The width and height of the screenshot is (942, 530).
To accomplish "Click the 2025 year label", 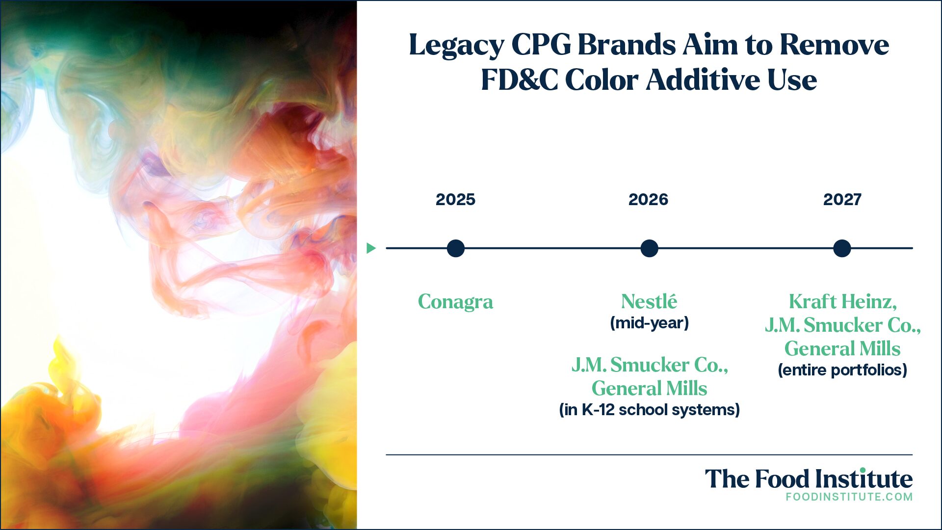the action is [455, 199].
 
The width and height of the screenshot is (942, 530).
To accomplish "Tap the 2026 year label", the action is [648, 199].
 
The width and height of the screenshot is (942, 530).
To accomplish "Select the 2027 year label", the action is [842, 199].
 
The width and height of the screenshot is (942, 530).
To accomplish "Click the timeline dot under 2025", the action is [456, 248].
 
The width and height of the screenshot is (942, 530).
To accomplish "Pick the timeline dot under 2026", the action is [649, 248].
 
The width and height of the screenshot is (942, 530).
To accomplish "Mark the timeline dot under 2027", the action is [842, 248].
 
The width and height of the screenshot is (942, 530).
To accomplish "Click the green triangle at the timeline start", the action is [371, 248].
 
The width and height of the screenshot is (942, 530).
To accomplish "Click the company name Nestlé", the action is [649, 301].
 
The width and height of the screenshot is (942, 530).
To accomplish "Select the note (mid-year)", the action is [649, 323].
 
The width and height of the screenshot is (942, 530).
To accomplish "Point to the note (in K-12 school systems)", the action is [649, 410].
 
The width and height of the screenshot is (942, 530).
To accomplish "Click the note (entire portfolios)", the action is [842, 370].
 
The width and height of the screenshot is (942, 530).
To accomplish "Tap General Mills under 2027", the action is [842, 348].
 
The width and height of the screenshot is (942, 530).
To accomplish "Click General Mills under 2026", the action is [649, 388].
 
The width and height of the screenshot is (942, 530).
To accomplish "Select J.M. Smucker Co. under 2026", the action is [650, 365].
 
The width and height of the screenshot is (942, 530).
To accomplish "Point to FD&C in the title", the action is [519, 79].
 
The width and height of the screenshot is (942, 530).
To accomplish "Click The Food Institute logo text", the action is [809, 478].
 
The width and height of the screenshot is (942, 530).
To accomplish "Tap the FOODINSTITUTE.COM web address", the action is [849, 497].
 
